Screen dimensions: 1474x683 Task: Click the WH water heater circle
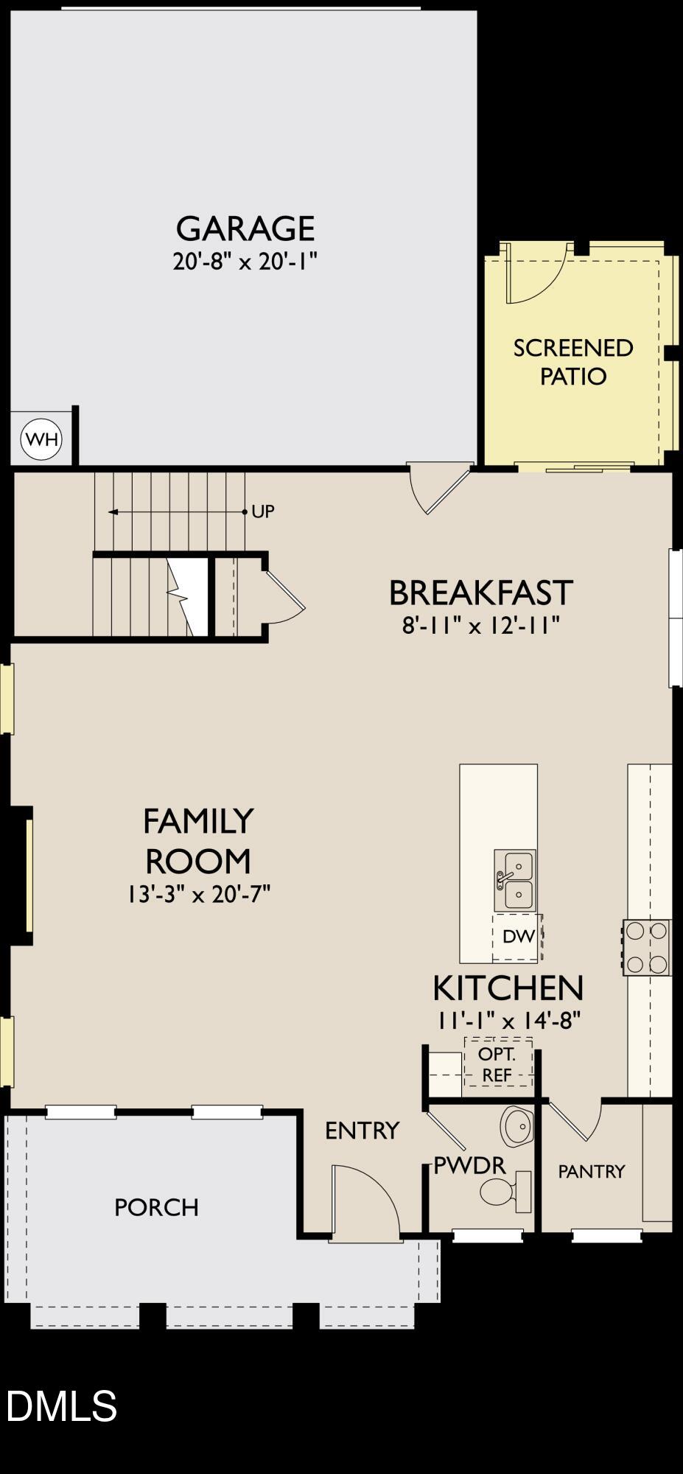[x=41, y=440]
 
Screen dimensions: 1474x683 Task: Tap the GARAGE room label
[x=245, y=228]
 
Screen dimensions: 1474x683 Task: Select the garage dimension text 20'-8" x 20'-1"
[x=245, y=262]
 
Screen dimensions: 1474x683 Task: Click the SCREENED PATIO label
[x=573, y=362]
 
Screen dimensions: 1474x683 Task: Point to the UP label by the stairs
[x=263, y=511]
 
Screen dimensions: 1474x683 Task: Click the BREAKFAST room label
[x=480, y=593]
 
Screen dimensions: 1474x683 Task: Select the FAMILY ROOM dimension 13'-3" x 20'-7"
[x=198, y=895]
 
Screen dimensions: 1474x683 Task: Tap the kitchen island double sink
[x=515, y=880]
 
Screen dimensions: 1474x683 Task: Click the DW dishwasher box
[x=518, y=937]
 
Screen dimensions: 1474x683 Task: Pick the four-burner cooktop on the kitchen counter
[x=647, y=947]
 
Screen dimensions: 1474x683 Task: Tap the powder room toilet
[x=505, y=1192]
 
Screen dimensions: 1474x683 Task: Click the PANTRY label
[x=592, y=1171]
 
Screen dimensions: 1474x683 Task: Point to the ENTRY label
[x=362, y=1131]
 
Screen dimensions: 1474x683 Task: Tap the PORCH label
[x=156, y=1207]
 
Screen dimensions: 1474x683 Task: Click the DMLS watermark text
[x=62, y=1405]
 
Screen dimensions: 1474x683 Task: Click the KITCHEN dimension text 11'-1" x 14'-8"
[x=508, y=1021]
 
